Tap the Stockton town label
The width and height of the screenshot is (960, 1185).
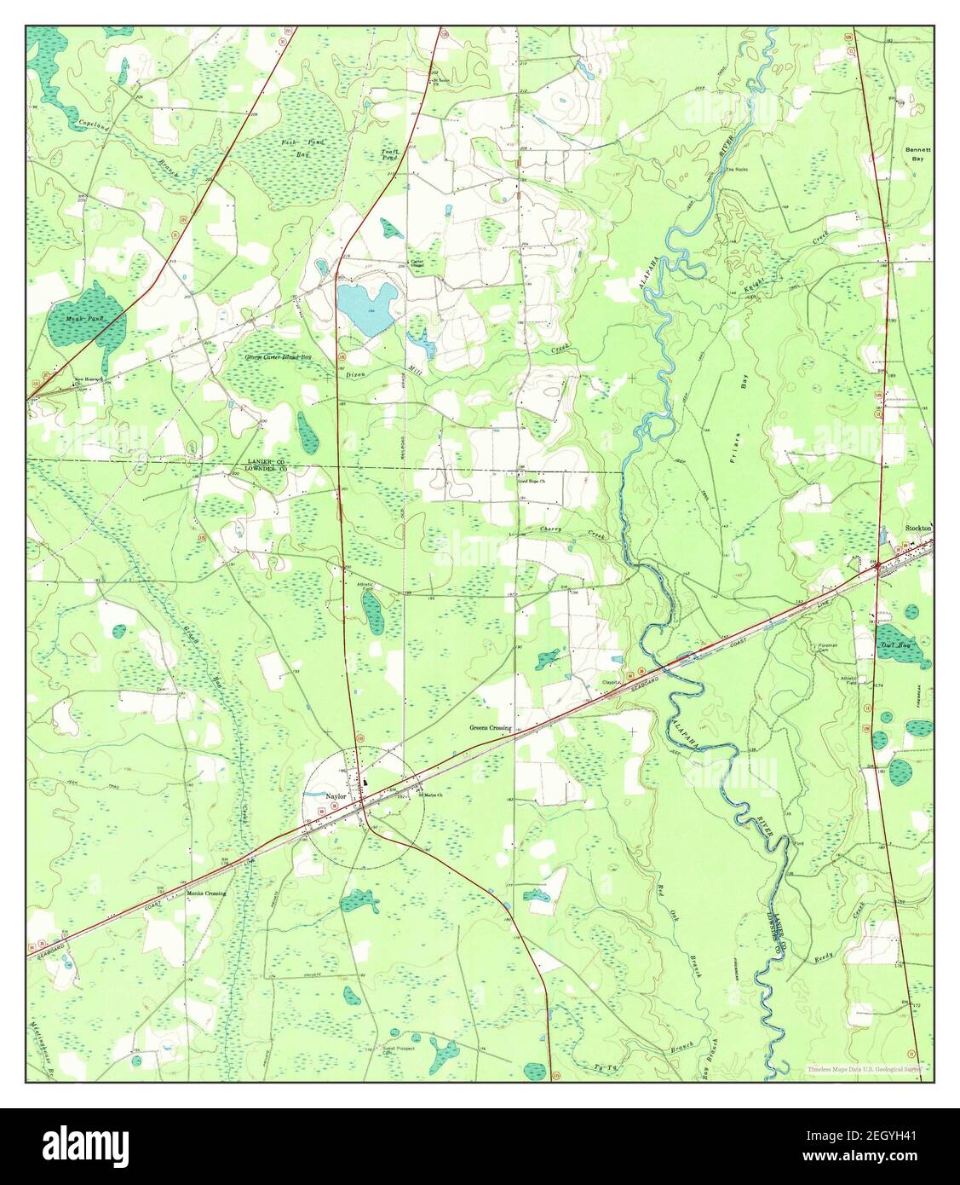click(918, 529)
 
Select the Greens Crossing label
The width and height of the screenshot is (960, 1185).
click(490, 728)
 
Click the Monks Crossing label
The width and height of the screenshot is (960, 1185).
click(206, 893)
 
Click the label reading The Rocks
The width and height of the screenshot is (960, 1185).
click(735, 169)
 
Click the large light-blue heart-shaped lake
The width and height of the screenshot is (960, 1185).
click(365, 305)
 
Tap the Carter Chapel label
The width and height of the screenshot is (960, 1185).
click(417, 264)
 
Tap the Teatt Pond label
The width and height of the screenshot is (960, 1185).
click(389, 154)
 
